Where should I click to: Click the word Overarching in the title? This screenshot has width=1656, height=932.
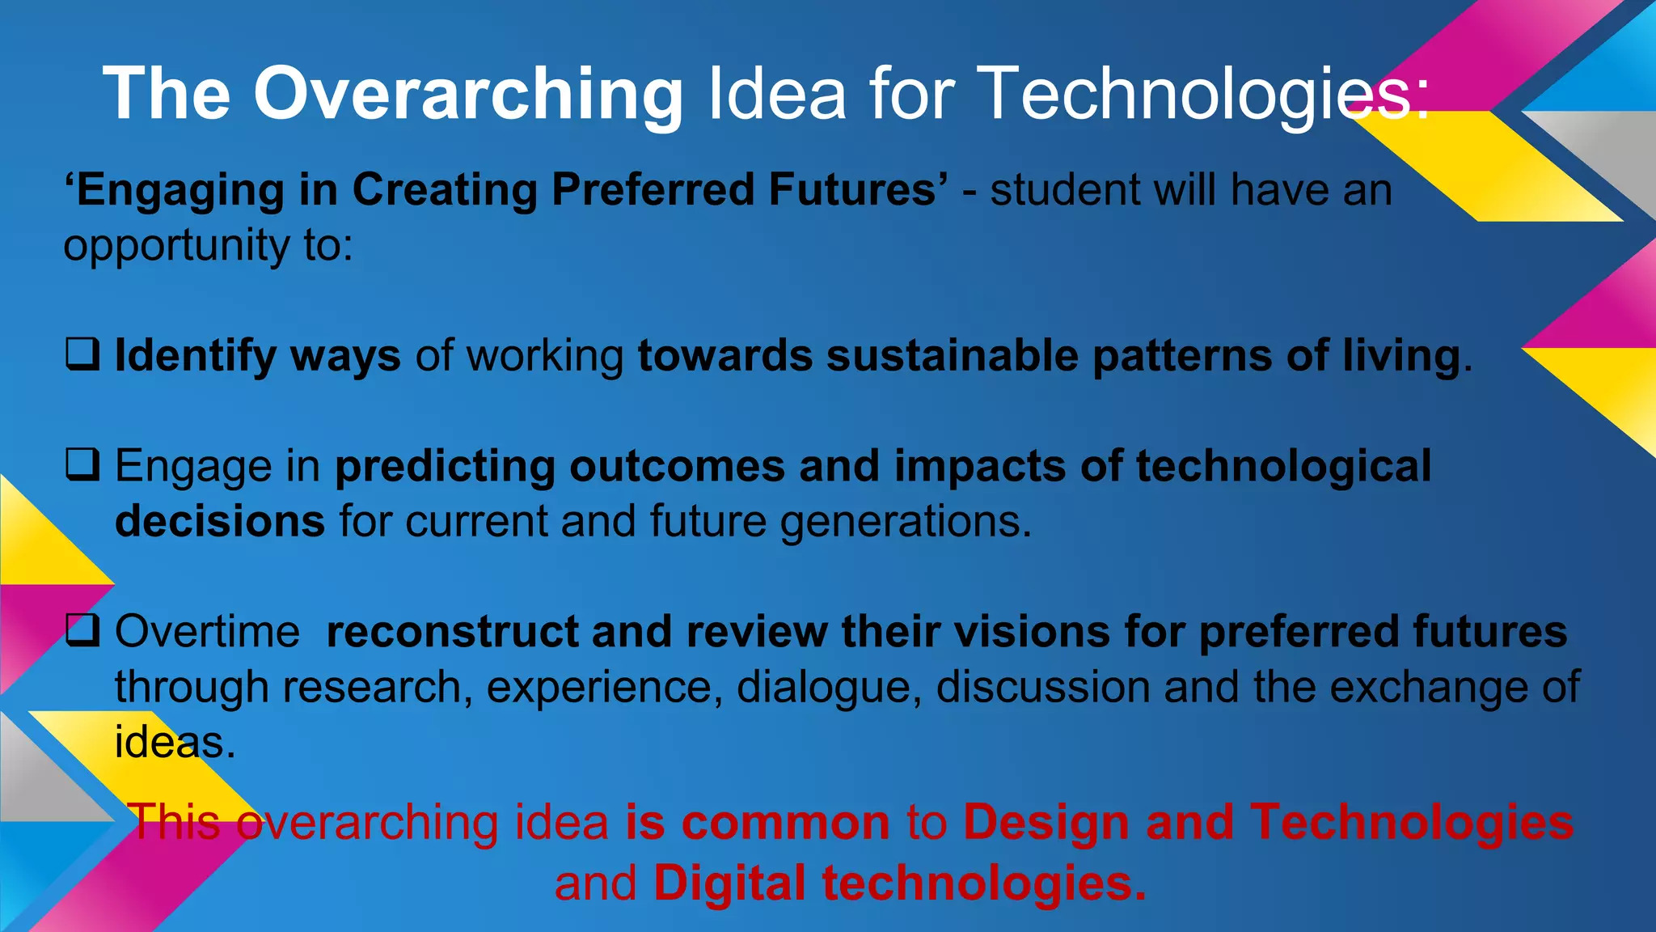pyautogui.click(x=469, y=95)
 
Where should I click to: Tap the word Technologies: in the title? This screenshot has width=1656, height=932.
pyautogui.click(x=1205, y=95)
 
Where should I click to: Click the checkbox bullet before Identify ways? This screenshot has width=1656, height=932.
pyautogui.click(x=82, y=354)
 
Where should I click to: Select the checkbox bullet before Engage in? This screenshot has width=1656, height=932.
pyautogui.click(x=82, y=464)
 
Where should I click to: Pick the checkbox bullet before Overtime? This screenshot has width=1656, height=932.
pyautogui.click(x=82, y=630)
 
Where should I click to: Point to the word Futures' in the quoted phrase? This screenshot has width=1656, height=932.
pyautogui.click(x=858, y=190)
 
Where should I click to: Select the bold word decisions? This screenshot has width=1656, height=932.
pyautogui.click(x=219, y=521)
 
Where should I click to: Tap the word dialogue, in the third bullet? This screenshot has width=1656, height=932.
pyautogui.click(x=829, y=688)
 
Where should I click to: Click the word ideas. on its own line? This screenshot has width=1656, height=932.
pyautogui.click(x=175, y=743)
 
